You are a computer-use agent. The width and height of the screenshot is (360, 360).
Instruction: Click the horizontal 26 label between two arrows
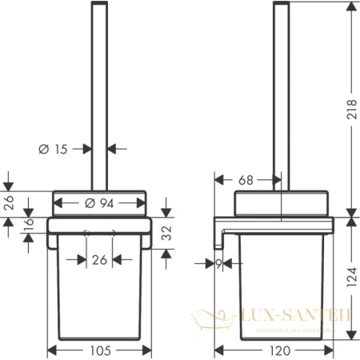[99, 259]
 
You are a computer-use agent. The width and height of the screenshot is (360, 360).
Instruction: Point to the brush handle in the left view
[99, 96]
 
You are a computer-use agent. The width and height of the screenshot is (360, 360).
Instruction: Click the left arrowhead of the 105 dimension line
[52, 349]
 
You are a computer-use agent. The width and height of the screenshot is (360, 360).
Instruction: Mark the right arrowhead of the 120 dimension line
[330, 349]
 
